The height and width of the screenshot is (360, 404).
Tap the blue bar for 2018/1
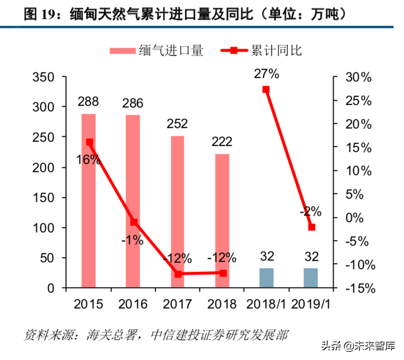pos(266,278)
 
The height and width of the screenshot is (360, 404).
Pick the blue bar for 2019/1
pos(311,278)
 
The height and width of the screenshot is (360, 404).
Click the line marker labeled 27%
pos(266,90)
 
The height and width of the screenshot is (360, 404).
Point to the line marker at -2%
pos(312,227)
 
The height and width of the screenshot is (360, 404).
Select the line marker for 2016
pos(134,222)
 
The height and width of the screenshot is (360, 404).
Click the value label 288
pos(88,101)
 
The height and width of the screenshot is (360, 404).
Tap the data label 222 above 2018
pos(221,142)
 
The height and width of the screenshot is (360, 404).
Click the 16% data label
pos(89,160)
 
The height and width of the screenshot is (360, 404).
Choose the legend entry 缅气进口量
pos(156,51)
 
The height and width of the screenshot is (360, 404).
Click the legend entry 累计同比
pos(261,51)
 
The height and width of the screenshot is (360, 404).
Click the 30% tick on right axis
pos(359,77)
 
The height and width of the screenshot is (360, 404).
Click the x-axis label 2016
pos(133,304)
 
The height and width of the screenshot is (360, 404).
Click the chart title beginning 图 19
pos(184,14)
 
